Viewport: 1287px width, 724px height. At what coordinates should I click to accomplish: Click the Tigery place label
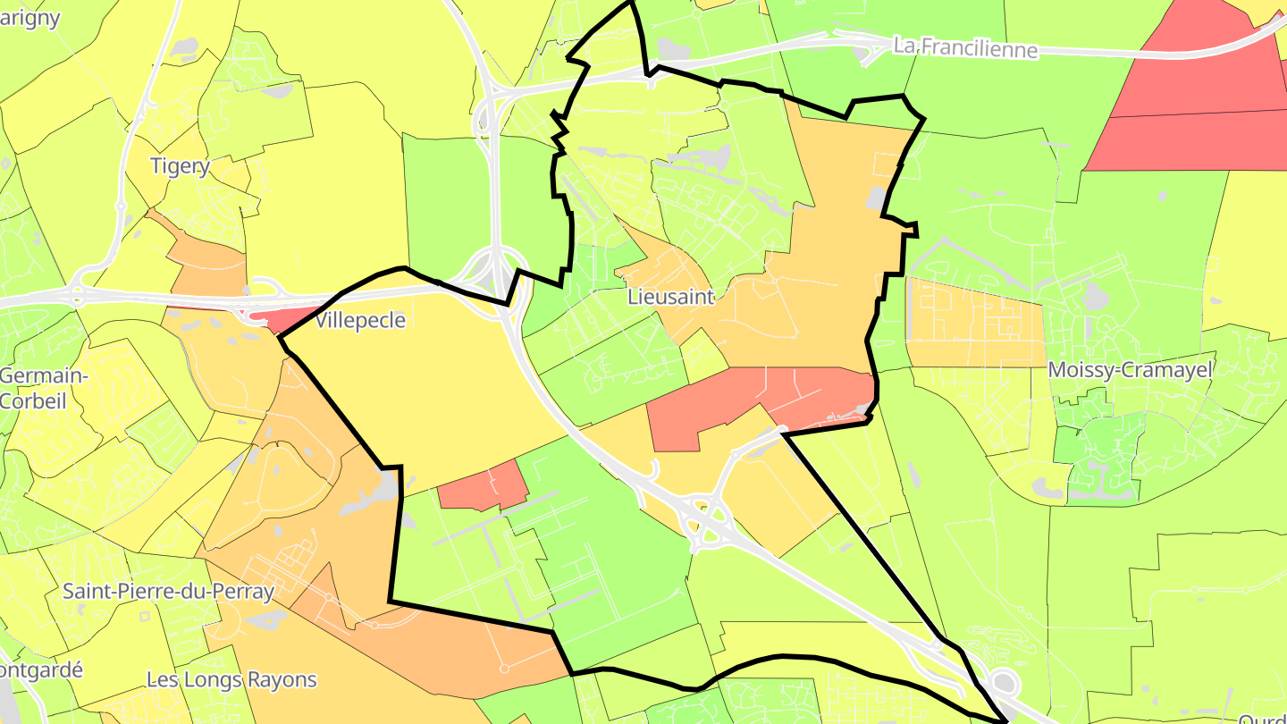pos(180,165)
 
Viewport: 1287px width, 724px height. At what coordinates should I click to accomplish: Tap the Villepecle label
pos(361,320)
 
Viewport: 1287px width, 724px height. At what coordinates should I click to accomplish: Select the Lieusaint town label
pos(670,297)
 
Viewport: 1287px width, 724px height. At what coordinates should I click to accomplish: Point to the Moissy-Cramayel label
pos(1130,369)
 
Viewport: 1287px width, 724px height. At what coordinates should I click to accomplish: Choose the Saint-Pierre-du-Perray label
pos(168,591)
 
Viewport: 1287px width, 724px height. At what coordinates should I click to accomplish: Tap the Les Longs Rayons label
pos(231,679)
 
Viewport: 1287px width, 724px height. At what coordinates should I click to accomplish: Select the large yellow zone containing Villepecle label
pos(429,384)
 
